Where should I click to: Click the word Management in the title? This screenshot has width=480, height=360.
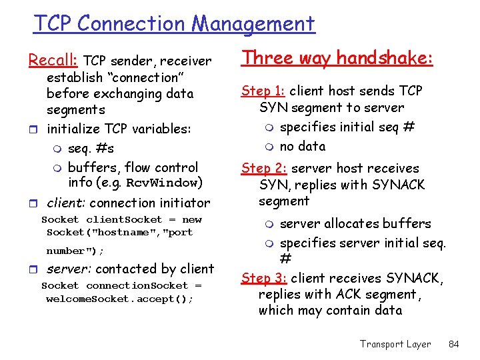pos(253,24)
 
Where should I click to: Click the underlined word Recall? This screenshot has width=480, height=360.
pos(53,61)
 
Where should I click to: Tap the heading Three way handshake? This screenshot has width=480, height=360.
pos(338,58)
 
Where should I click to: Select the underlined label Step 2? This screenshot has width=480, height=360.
pos(265,169)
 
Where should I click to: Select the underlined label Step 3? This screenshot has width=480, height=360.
pos(265,278)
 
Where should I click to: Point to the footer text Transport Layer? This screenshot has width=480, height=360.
pos(395,344)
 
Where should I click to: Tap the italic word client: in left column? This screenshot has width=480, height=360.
pos(66,203)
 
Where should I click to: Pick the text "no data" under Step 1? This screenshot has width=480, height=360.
pos(303,146)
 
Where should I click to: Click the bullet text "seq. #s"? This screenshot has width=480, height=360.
pos(91,148)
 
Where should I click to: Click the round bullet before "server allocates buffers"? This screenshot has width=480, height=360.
pos(269,224)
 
